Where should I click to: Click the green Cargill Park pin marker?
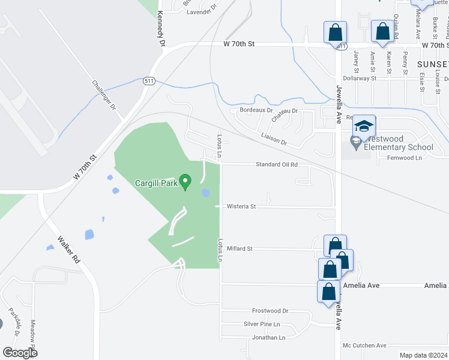tap(186, 181)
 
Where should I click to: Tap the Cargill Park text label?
tap(155, 184)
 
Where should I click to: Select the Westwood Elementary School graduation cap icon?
tap(364, 127)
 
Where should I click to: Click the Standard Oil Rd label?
tap(277, 164)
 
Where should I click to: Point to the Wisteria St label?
tap(241, 206)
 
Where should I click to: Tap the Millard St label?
tap(240, 248)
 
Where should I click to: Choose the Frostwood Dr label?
tap(270, 311)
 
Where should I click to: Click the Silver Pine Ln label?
tap(262, 324)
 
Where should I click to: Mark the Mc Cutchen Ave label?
tap(364, 346)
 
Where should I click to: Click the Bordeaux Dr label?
tap(256, 110)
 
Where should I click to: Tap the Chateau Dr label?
tap(285, 114)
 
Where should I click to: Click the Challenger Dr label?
tap(103, 95)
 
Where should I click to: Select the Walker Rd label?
tap(68, 250)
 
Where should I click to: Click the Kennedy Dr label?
tap(160, 28)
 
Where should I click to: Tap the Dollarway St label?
tap(359, 78)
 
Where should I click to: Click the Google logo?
tap(20, 353)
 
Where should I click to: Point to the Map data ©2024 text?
tap(423, 355)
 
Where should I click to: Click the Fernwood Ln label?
tap(405, 158)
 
